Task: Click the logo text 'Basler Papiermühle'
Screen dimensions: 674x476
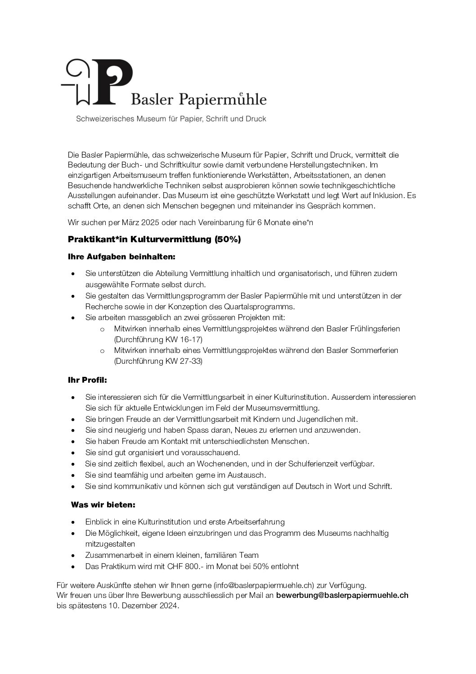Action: pyautogui.click(x=198, y=99)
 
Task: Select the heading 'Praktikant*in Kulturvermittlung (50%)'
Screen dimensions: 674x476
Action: pyautogui.click(x=154, y=240)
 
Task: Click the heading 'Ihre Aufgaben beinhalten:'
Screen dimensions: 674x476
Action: pyautogui.click(x=121, y=257)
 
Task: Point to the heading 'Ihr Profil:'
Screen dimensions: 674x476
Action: pyautogui.click(x=87, y=380)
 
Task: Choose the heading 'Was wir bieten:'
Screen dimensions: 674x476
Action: pyautogui.click(x=103, y=505)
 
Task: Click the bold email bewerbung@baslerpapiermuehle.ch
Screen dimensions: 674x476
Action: pyautogui.click(x=342, y=595)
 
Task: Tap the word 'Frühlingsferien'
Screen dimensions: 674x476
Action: pyautogui.click(x=375, y=329)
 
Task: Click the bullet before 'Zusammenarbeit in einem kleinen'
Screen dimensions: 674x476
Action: pyautogui.click(x=73, y=556)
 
